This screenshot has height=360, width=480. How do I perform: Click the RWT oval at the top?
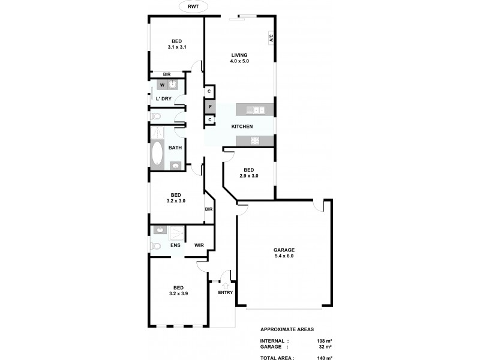pos(193,7)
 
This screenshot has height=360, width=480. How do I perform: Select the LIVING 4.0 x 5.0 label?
pos(239,58)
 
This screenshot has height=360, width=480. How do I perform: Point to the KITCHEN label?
pos(242,127)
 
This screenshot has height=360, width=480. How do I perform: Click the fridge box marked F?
pos(209,107)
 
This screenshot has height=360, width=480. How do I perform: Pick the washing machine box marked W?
pos(162,85)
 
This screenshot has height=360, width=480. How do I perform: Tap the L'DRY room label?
pos(164,98)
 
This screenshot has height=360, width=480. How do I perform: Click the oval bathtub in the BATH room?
pos(158,154)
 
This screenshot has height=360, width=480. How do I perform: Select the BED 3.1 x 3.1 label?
pos(176,44)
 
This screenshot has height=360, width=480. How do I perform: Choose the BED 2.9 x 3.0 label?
pos(248,172)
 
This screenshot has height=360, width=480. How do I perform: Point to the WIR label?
pos(199,245)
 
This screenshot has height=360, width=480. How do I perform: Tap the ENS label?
pos(175,245)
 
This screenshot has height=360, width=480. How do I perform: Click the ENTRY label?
pos(225,293)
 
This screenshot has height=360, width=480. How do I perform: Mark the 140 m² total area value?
pos(323,357)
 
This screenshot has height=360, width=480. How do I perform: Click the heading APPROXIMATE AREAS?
pos(287,329)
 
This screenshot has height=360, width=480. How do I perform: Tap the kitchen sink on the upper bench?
pos(259,110)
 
